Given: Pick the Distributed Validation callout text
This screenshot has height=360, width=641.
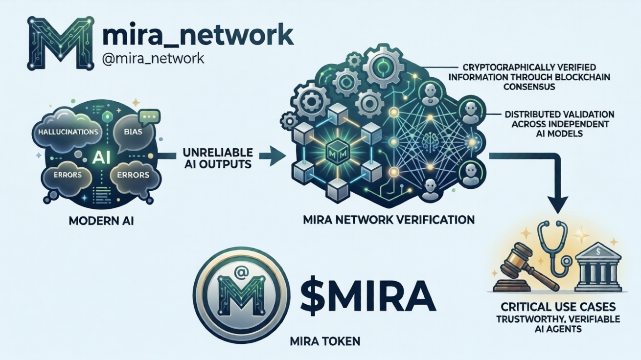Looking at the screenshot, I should click(x=559, y=123).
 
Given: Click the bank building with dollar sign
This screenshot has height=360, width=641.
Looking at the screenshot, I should click(x=598, y=266).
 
